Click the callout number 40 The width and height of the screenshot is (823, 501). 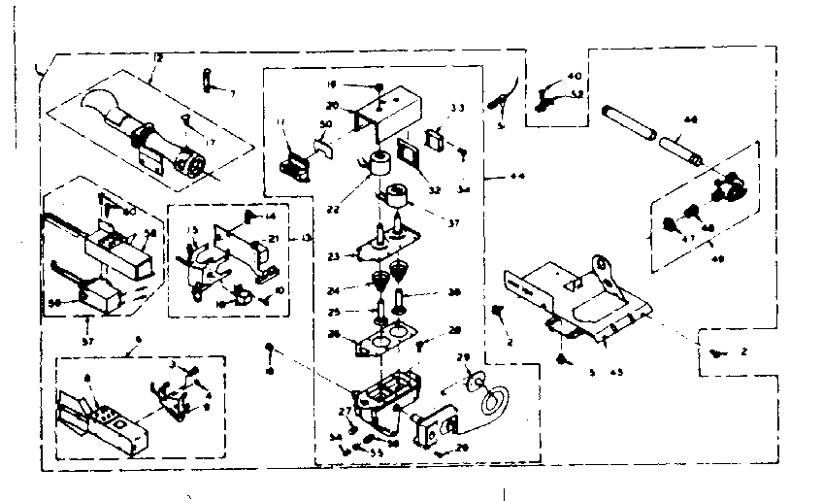(x=575, y=76)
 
